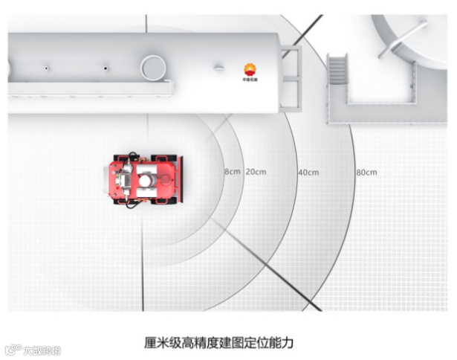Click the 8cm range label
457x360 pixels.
(232, 173)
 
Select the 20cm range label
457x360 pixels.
(256, 173)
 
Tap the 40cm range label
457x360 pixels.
(308, 173)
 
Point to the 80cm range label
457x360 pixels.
(366, 173)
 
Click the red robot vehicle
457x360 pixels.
(143, 179)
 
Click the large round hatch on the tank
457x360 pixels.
(154, 67)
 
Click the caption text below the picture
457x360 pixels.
(219, 343)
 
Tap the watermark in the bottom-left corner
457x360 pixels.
(33, 350)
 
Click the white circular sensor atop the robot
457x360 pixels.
(149, 180)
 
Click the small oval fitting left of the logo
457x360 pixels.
(219, 68)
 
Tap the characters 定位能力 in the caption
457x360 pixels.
(267, 343)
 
